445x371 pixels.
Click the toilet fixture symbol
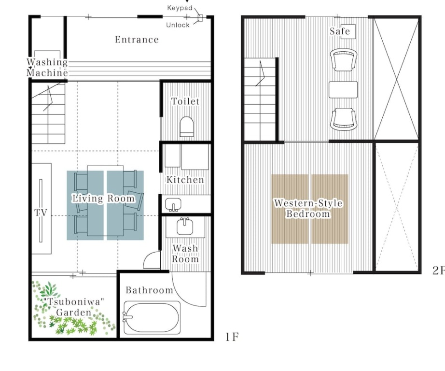[186, 127]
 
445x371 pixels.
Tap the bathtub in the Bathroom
[152, 317]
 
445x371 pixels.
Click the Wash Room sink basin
[185, 226]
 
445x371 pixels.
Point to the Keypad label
[180, 8]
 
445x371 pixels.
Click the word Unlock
[178, 25]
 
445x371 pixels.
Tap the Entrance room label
[137, 40]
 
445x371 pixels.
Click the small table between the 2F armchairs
[343, 90]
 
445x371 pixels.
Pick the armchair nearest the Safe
[343, 60]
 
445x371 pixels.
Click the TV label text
[41, 212]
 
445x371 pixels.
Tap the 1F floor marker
[232, 337]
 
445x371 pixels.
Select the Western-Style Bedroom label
[308, 208]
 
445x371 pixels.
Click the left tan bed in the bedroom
[290, 209]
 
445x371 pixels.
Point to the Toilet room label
[185, 101]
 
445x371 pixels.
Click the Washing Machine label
[47, 67]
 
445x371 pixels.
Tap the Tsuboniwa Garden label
[74, 307]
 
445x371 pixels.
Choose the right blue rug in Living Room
[125, 205]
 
